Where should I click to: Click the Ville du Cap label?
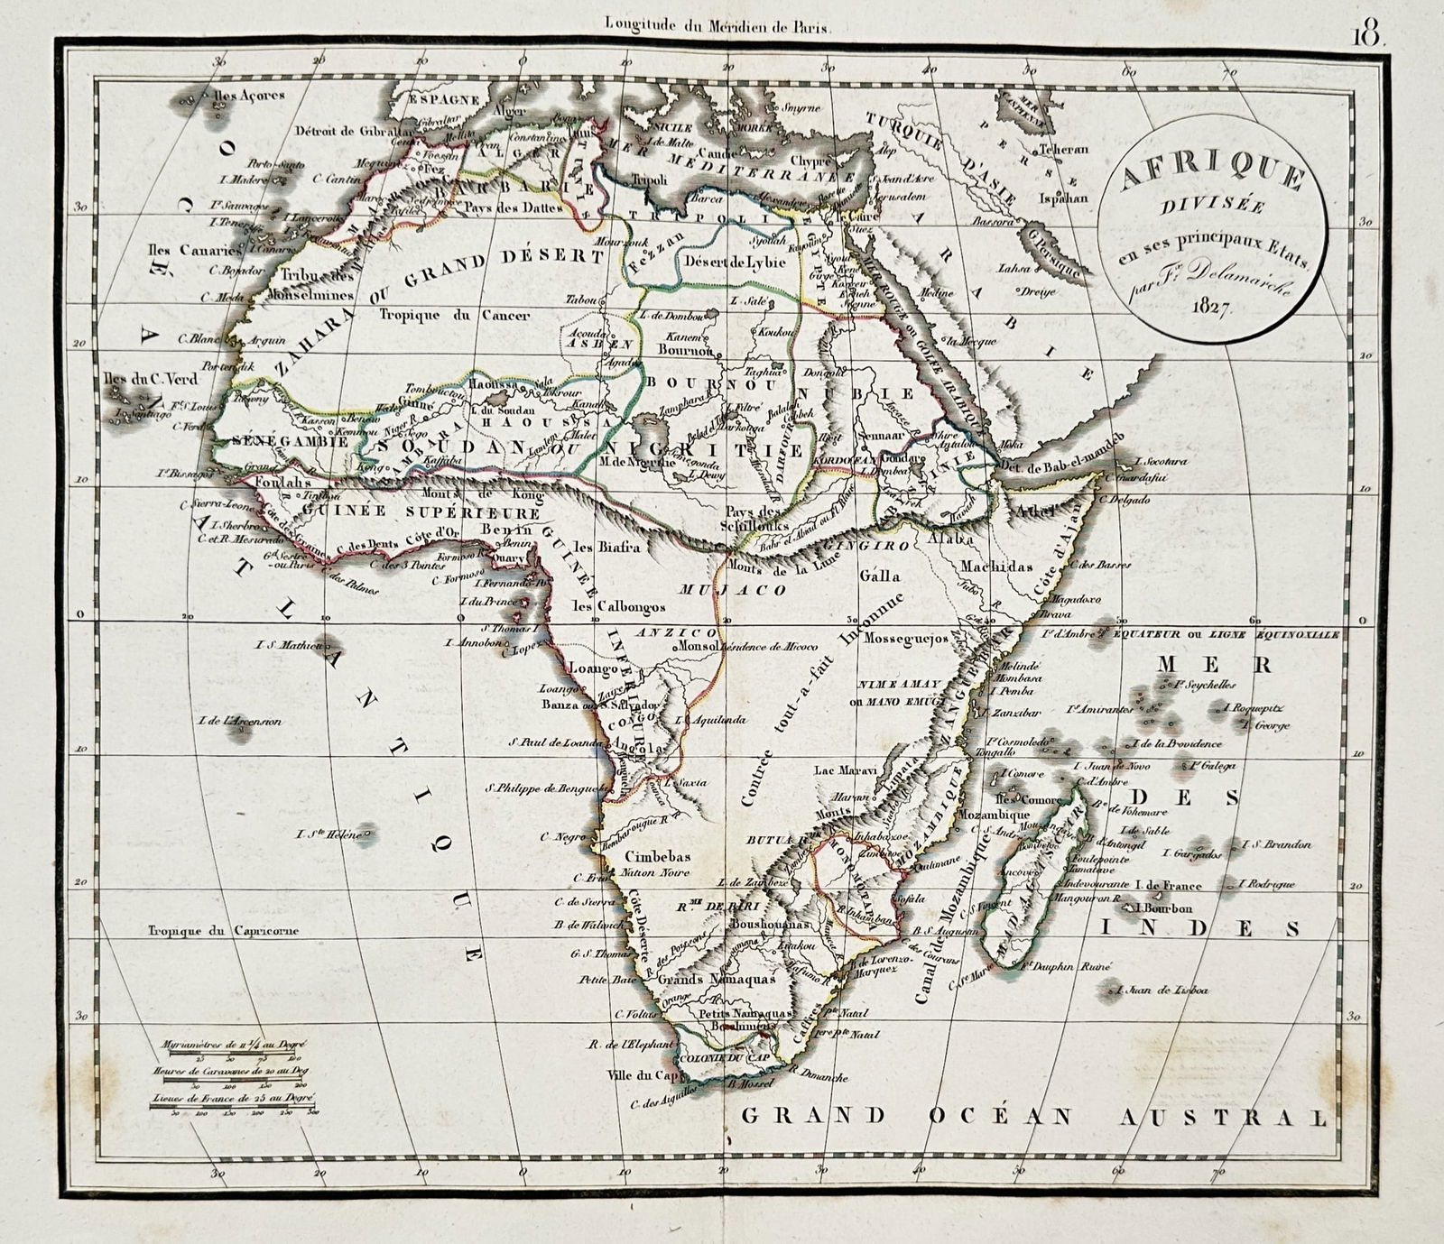tap(640, 1075)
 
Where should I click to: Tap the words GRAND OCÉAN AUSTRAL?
tap(1033, 1117)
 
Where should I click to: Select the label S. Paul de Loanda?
tap(554, 743)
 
